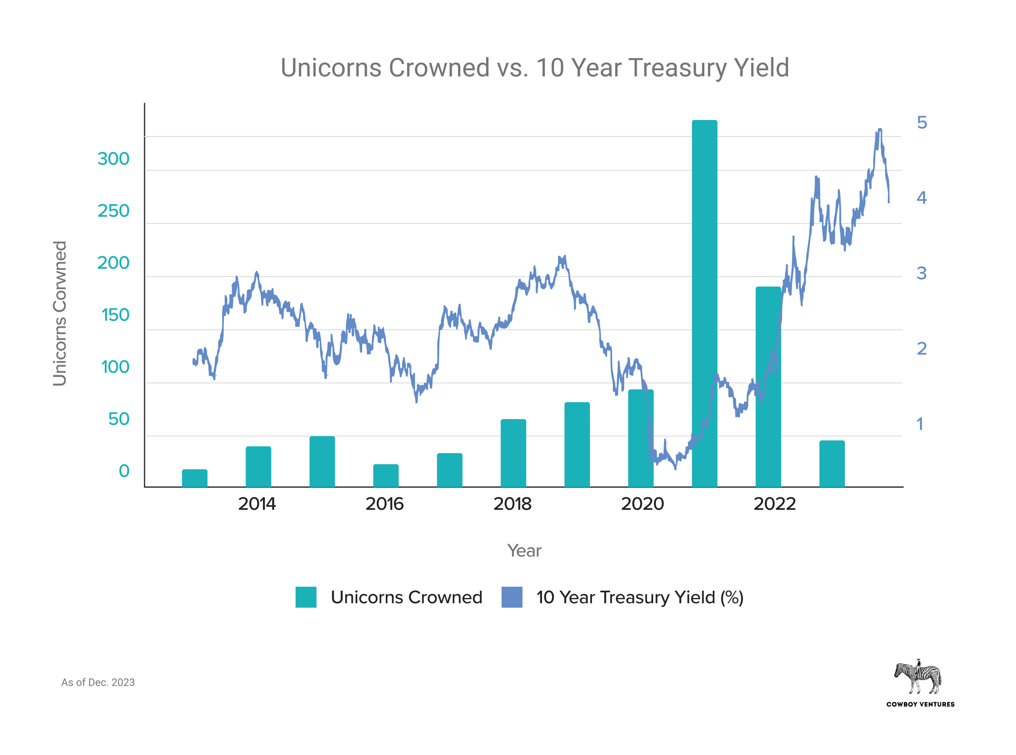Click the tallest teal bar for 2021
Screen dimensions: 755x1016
(x=704, y=302)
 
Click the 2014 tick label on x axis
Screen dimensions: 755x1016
(x=257, y=504)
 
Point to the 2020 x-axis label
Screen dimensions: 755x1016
(x=642, y=504)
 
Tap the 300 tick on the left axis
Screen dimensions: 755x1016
(x=113, y=159)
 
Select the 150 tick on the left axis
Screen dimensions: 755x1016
(x=115, y=315)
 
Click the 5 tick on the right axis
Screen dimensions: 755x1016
(x=921, y=122)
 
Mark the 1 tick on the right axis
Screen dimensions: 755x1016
(x=920, y=424)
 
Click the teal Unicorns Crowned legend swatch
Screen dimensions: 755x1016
(x=306, y=597)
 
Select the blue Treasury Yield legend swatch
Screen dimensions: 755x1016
(x=511, y=597)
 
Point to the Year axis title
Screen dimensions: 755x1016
(x=524, y=551)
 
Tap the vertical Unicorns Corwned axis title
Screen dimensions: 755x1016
(x=60, y=314)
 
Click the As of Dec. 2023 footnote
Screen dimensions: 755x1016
(x=98, y=683)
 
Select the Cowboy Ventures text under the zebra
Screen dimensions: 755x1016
(x=920, y=704)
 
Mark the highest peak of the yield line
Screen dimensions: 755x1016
(x=880, y=130)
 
